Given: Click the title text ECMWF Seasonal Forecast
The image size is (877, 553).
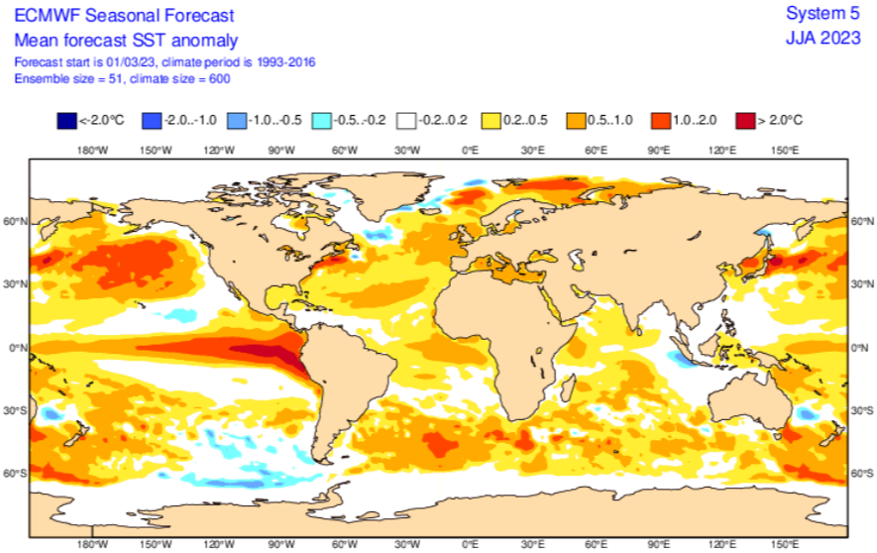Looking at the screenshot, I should point(124,16).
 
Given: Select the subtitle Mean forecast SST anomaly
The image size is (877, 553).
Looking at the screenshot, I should point(126,40).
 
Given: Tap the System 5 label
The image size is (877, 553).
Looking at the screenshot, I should point(823,14).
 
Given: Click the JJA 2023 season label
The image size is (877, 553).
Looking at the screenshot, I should point(823,40).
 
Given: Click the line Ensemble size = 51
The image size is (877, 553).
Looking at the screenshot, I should point(65,77).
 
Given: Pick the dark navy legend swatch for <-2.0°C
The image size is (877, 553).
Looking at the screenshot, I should point(67,120).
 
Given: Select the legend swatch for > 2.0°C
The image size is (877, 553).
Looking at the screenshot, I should point(745,120).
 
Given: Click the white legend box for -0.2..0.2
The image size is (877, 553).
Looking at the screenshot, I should point(406,120).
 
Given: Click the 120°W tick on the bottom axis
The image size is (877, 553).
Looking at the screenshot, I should point(218,544).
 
